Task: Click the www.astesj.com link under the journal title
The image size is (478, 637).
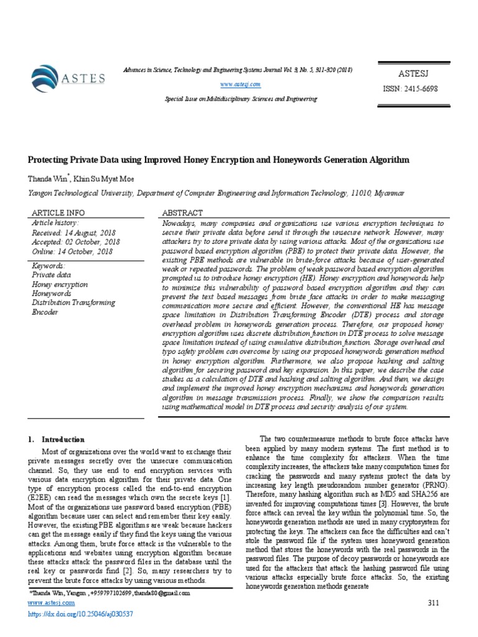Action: (x=239, y=83)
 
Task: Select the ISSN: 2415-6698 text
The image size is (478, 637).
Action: (x=410, y=88)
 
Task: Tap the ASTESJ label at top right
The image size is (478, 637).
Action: (x=410, y=73)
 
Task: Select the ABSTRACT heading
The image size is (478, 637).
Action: (x=182, y=213)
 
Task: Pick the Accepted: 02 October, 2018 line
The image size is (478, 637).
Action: (x=75, y=242)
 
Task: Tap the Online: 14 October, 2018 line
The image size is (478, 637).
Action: (x=72, y=251)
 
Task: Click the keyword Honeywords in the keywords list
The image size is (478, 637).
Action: (x=52, y=293)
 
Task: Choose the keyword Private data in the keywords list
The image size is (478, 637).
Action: (x=52, y=274)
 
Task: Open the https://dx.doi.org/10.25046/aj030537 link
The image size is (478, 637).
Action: (x=81, y=614)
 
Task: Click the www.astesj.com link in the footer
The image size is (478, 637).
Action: (x=52, y=603)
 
